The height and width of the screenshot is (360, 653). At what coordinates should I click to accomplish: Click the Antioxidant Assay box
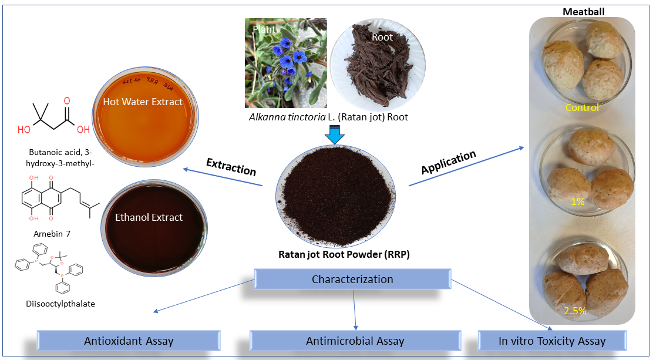click(x=129, y=341)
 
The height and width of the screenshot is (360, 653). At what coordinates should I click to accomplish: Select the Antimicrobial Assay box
click(x=355, y=341)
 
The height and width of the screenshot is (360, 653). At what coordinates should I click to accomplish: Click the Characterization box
click(x=352, y=279)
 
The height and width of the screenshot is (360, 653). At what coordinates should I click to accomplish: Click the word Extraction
click(x=231, y=167)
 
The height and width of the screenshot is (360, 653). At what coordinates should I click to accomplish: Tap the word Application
click(x=449, y=163)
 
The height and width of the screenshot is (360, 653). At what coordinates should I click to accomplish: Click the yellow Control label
click(x=582, y=107)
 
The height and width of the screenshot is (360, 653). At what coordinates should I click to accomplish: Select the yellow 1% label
click(x=578, y=201)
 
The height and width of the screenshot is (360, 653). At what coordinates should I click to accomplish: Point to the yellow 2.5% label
click(x=575, y=311)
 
